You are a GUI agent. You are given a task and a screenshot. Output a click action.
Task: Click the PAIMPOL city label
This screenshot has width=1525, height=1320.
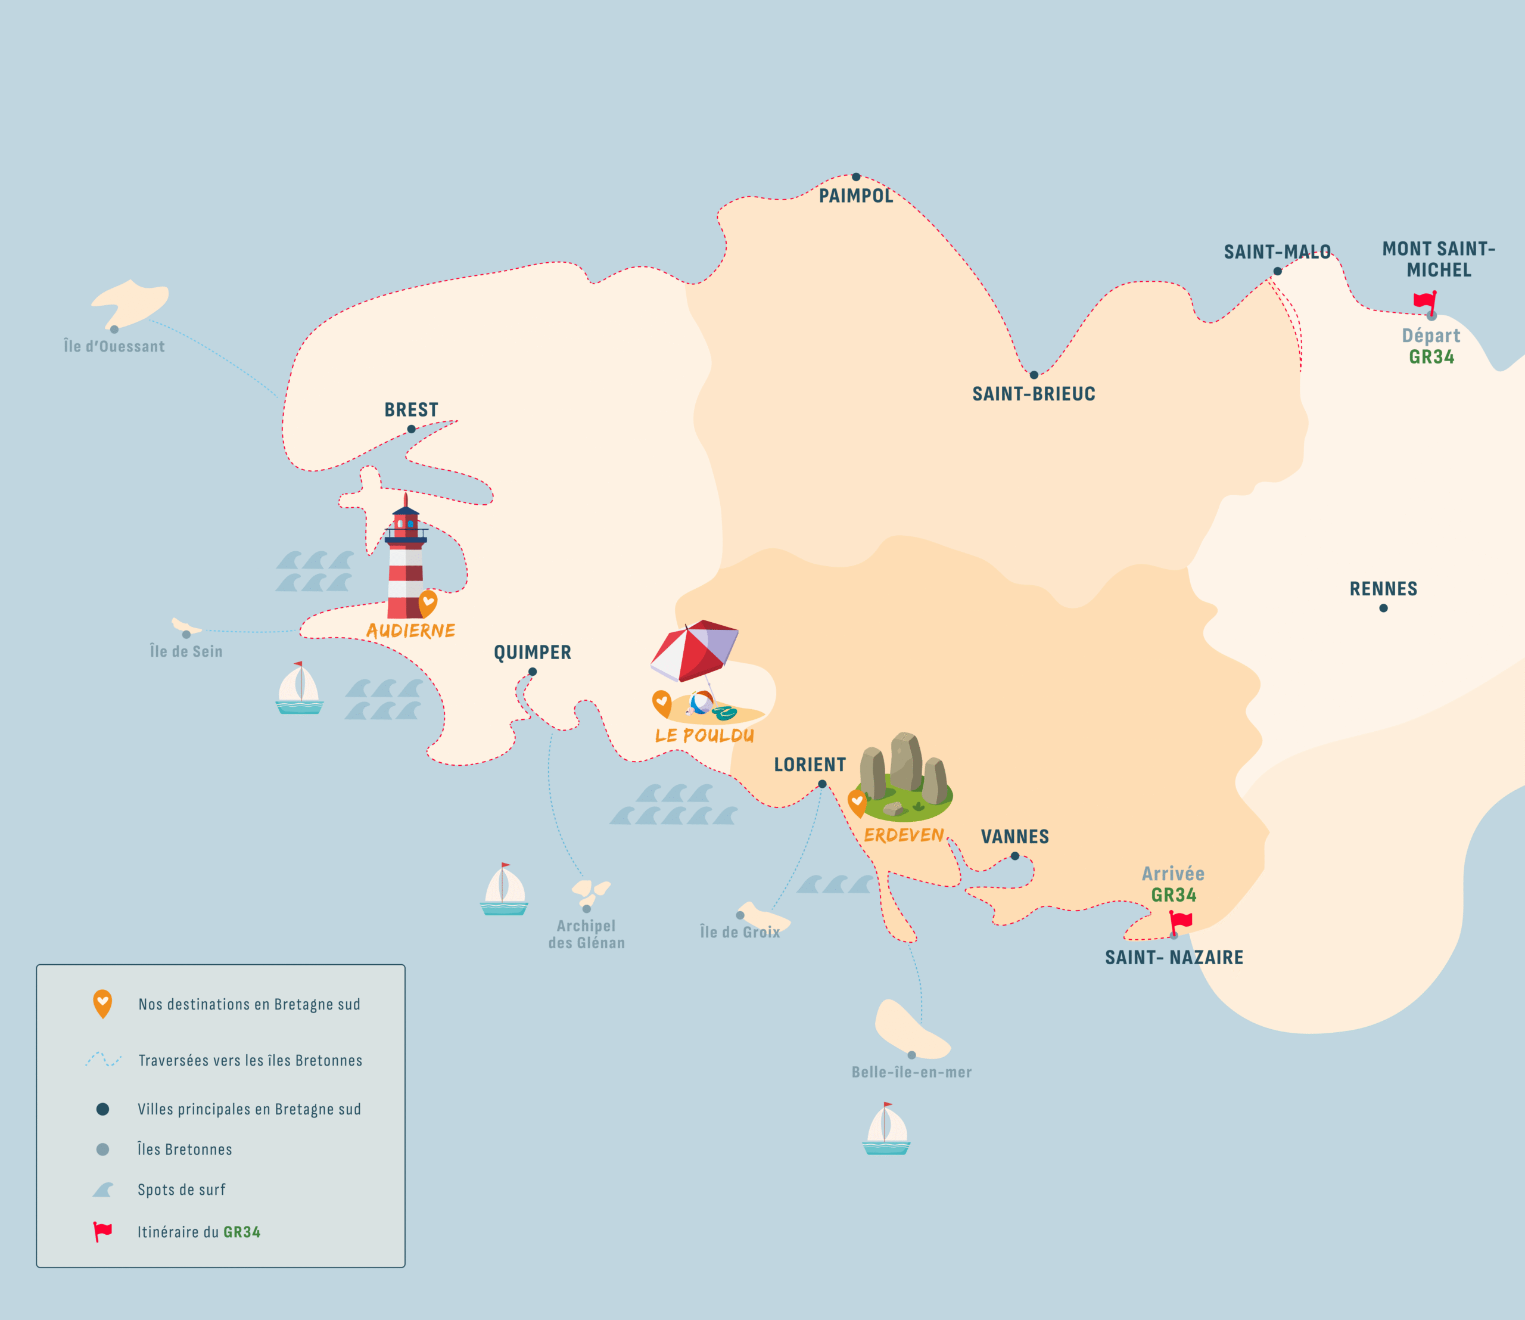pos(855,196)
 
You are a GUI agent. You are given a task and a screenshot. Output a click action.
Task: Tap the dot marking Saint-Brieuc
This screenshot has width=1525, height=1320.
pos(1034,375)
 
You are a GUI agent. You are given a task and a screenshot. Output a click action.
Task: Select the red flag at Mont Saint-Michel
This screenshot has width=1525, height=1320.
pos(1425,302)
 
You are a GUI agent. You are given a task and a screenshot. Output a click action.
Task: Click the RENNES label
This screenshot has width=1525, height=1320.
pos(1383,589)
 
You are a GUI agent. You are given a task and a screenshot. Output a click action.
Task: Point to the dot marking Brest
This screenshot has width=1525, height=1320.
pos(412,428)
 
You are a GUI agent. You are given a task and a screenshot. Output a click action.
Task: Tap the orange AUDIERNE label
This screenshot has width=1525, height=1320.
pos(411,631)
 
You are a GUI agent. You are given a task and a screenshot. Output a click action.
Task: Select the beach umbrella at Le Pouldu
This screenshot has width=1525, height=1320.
pos(695,652)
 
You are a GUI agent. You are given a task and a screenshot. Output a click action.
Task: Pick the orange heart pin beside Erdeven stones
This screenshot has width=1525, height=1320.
pos(857,803)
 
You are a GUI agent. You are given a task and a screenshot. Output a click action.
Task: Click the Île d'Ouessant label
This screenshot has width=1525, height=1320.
pos(114,346)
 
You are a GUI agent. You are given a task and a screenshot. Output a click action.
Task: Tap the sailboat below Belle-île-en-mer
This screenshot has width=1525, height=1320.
pos(886,1129)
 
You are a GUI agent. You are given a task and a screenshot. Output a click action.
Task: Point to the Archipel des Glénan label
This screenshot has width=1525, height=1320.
pos(586,934)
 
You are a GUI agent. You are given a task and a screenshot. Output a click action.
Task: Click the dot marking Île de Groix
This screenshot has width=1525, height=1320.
pos(740,915)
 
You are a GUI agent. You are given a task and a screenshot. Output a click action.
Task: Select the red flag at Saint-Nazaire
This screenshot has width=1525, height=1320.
pos(1180,921)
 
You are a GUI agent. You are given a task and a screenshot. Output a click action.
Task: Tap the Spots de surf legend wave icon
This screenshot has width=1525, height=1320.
pos(103,1189)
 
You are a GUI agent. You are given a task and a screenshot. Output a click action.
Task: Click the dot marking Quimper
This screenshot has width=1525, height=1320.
pos(533,672)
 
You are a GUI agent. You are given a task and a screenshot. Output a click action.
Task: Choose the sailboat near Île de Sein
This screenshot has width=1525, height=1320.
pos(299,689)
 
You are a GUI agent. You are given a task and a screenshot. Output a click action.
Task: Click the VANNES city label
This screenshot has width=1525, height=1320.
pos(1014,837)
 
